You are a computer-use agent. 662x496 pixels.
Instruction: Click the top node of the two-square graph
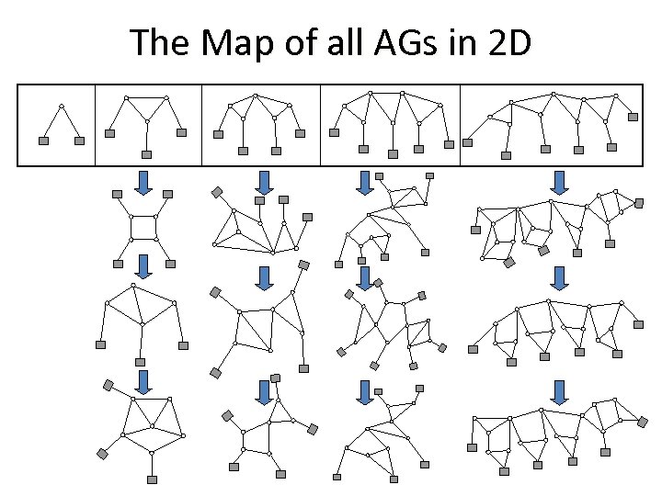[61, 105]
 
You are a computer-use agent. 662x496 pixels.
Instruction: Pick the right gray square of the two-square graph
[79, 141]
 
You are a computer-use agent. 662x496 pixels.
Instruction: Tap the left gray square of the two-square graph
[42, 141]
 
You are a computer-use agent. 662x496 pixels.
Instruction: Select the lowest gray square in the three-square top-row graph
[147, 153]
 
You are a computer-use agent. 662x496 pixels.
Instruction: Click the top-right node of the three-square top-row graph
[166, 97]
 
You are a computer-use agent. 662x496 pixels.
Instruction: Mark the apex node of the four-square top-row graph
[257, 96]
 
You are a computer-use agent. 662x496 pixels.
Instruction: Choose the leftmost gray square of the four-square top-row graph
[218, 134]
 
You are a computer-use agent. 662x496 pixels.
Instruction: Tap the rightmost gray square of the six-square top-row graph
[633, 117]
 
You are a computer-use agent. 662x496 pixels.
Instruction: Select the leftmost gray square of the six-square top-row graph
[468, 142]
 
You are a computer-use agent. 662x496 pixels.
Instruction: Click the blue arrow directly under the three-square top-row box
[143, 181]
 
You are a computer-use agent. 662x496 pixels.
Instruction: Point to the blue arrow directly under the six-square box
[558, 181]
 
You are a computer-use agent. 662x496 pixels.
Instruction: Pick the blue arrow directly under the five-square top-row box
[365, 181]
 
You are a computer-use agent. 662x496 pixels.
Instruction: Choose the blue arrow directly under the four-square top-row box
[264, 181]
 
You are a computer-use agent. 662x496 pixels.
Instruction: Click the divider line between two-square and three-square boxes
[95, 125]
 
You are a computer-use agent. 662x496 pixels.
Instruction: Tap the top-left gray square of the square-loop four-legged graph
[117, 194]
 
